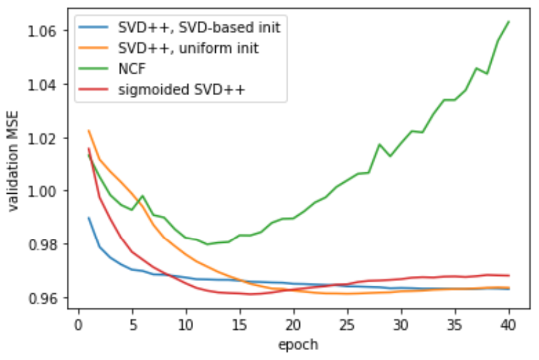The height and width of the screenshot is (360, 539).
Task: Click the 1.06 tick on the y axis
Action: [47, 31]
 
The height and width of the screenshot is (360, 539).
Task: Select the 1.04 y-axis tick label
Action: [47, 84]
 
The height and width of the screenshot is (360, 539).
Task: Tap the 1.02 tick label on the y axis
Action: [47, 137]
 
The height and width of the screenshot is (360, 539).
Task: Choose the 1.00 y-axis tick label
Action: [47, 191]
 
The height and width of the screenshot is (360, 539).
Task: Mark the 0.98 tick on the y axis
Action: [47, 244]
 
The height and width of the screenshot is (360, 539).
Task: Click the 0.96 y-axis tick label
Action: [47, 297]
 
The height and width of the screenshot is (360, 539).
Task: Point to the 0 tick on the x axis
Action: [78, 324]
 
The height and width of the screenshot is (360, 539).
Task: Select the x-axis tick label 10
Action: [186, 324]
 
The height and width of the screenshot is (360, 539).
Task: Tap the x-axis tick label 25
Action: [348, 324]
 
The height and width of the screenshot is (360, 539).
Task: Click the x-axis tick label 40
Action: [510, 324]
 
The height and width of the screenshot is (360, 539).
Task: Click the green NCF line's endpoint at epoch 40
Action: [510, 21]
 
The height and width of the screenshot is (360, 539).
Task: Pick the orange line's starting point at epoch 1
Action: [89, 131]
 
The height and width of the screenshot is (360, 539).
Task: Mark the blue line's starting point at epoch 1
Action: [89, 218]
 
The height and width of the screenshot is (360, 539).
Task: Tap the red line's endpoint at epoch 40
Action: [510, 275]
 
